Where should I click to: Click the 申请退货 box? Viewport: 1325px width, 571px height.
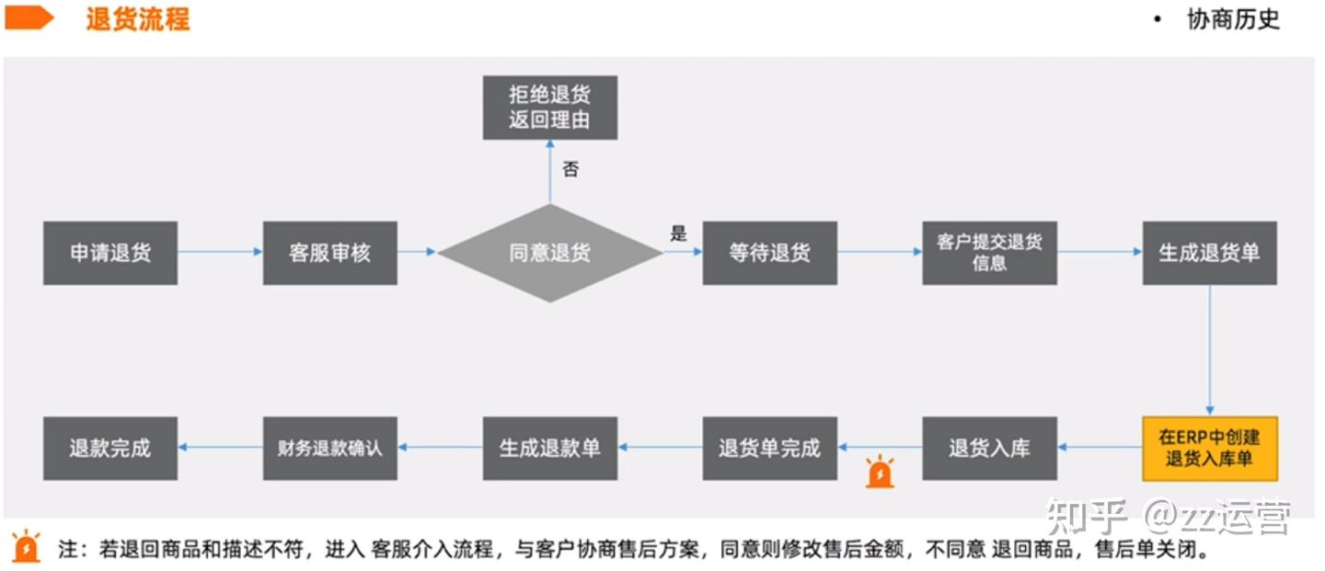(x=110, y=253)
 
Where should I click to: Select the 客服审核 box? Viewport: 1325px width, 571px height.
(x=329, y=253)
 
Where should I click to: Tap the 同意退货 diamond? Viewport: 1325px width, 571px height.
(x=549, y=253)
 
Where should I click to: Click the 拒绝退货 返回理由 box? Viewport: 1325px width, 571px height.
(x=549, y=107)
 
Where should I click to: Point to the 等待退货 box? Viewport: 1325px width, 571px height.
(x=769, y=253)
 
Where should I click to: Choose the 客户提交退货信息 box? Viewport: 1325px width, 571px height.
(x=989, y=253)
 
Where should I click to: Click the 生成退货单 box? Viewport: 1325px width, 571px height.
(x=1209, y=253)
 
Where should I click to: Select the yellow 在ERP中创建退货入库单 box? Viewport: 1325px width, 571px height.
(x=1209, y=449)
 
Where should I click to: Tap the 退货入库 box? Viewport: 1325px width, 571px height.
(x=989, y=449)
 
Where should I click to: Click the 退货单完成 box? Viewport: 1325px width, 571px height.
(x=769, y=449)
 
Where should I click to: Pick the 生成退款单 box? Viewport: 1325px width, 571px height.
(x=549, y=449)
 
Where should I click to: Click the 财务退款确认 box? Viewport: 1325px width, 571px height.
(x=329, y=449)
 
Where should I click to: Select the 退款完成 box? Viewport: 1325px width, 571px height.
(x=110, y=449)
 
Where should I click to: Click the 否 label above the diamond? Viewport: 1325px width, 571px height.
(x=570, y=170)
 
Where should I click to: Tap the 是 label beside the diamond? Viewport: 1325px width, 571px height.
(x=678, y=234)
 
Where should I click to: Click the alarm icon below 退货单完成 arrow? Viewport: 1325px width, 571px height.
(x=881, y=472)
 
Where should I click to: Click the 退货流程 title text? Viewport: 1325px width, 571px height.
(x=138, y=19)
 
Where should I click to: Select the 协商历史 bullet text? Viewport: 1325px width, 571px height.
(x=1233, y=19)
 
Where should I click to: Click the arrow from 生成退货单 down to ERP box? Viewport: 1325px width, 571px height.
(x=1209, y=349)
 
